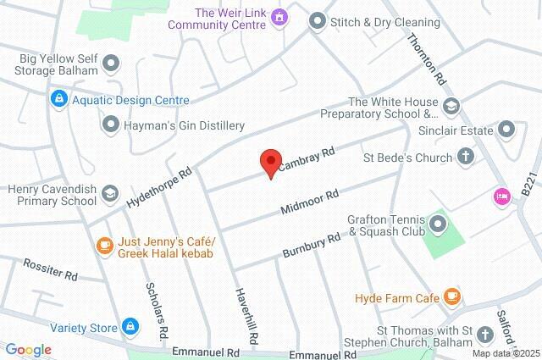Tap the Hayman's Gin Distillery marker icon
coord(111,125)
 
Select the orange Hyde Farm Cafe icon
coord(452,296)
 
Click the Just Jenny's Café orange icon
coord(104,246)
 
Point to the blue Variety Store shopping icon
coord(130,325)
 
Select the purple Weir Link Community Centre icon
coord(281,19)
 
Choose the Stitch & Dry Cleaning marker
coord(317,19)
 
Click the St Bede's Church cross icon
coord(465,156)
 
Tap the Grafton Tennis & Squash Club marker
coord(438,224)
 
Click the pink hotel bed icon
coord(501,196)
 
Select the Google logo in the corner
coord(28,350)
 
